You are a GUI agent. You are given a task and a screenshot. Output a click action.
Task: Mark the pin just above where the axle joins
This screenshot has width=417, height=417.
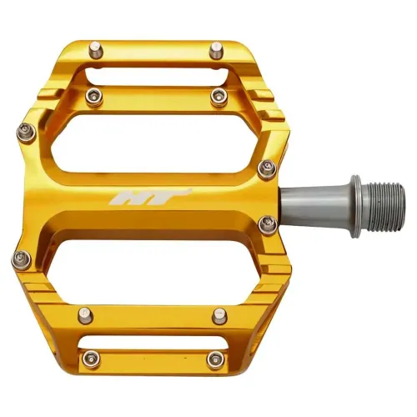click(x=268, y=168)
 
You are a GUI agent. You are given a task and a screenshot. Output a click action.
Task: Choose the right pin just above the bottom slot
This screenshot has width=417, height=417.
click(x=219, y=315)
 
